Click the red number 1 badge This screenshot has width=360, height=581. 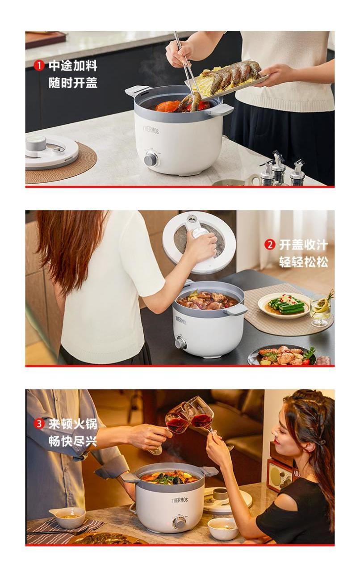tap(38, 65)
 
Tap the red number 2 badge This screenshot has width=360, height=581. tap(270, 244)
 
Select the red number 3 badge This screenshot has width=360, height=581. tap(38, 424)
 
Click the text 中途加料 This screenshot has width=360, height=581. tap(73, 66)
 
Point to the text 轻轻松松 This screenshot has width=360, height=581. tap(304, 262)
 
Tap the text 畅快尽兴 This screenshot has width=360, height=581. tap(73, 442)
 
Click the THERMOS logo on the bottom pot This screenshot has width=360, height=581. tap(180, 500)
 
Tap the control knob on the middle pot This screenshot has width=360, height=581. tap(180, 343)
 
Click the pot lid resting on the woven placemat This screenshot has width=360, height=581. tap(51, 152)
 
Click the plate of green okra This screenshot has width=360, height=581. tap(284, 306)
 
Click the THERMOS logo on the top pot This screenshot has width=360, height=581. tap(151, 130)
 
